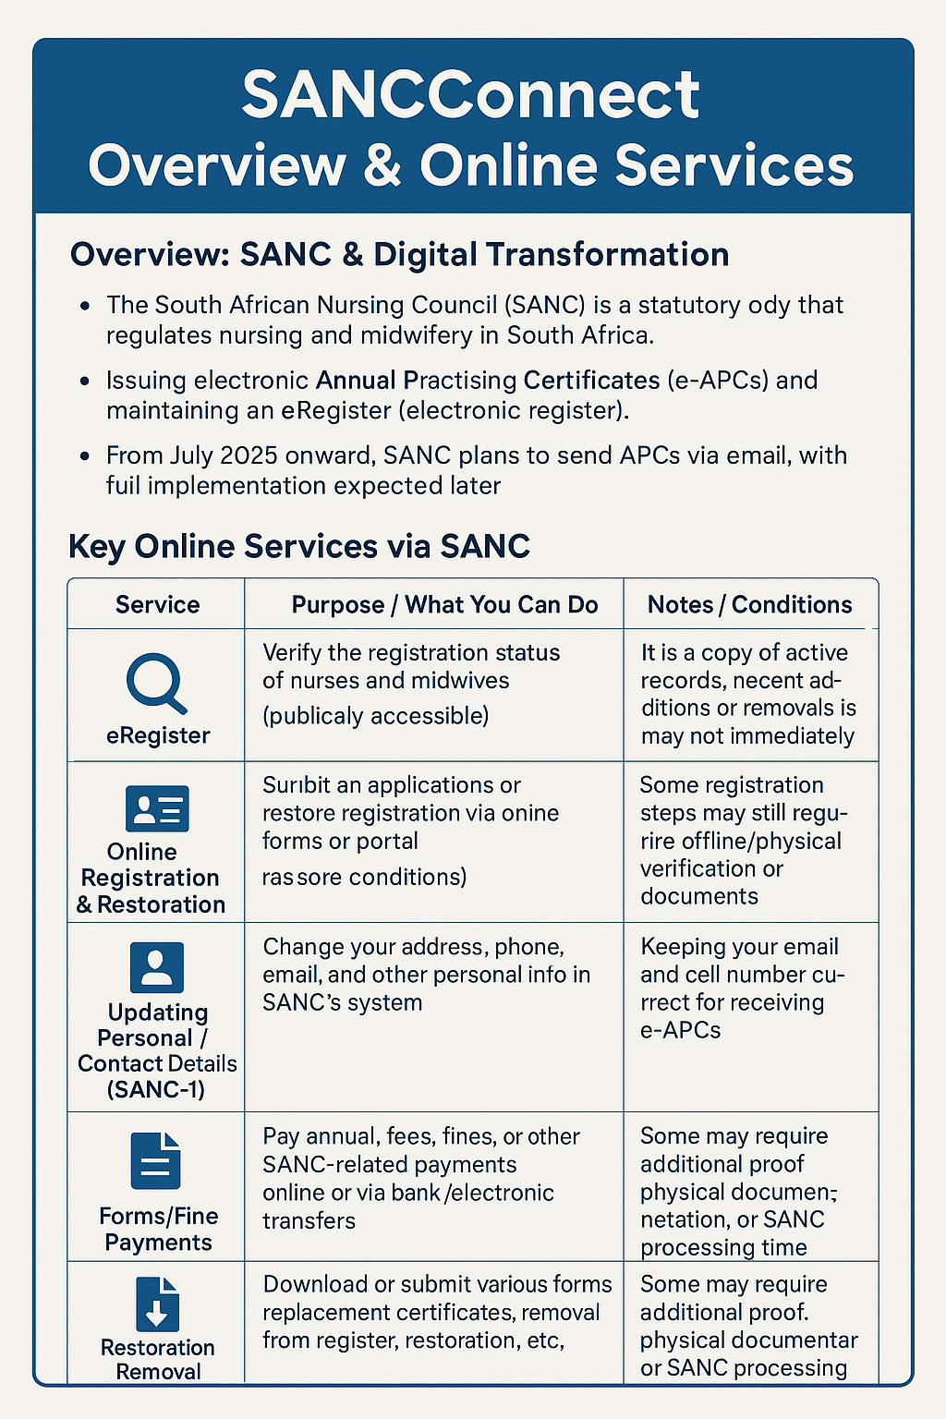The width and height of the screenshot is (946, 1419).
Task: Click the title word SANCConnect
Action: pyautogui.click(x=471, y=94)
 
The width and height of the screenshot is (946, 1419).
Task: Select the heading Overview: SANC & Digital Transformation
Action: pyautogui.click(x=399, y=255)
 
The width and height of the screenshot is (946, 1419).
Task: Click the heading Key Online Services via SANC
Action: pyautogui.click(x=299, y=546)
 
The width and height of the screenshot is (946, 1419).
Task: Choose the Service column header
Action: pyautogui.click(x=157, y=605)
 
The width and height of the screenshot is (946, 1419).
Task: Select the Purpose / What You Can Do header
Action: pyautogui.click(x=444, y=605)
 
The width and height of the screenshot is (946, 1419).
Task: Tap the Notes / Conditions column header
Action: pyautogui.click(x=749, y=605)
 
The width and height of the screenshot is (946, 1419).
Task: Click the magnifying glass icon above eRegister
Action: pyautogui.click(x=155, y=683)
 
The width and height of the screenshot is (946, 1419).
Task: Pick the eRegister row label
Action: pyautogui.click(x=158, y=735)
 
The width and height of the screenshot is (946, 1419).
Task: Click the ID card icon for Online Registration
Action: pyautogui.click(x=157, y=808)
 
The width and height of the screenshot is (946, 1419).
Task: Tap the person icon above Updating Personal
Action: pyautogui.click(x=157, y=967)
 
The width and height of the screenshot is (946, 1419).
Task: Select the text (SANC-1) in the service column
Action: pyautogui.click(x=156, y=1090)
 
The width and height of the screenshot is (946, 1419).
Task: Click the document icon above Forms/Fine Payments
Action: pyautogui.click(x=156, y=1160)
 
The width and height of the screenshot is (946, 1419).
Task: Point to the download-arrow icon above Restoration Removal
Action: pyautogui.click(x=157, y=1304)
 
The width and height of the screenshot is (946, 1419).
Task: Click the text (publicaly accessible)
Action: pyautogui.click(x=375, y=716)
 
